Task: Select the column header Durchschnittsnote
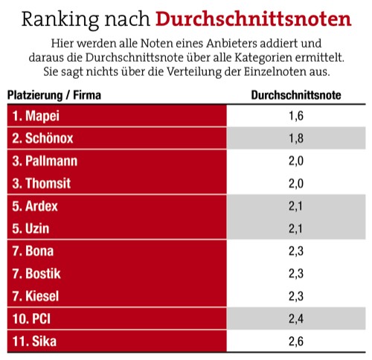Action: coord(297,95)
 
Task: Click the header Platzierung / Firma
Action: coord(54,95)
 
